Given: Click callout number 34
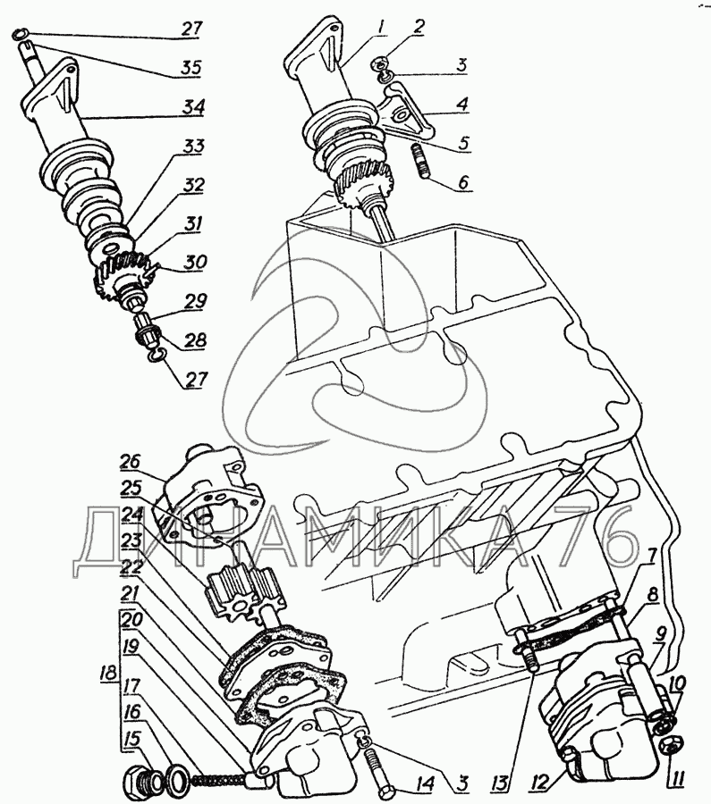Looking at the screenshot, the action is pyautogui.click(x=193, y=108).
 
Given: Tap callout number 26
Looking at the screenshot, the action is pyautogui.click(x=130, y=462).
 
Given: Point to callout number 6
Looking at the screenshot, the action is pyautogui.click(x=463, y=182).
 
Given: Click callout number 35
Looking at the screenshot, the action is pyautogui.click(x=190, y=68).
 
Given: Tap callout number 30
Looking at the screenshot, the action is pyautogui.click(x=195, y=262).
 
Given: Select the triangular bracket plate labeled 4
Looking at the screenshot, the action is pyautogui.click(x=404, y=113).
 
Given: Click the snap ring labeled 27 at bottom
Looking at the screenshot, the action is pyautogui.click(x=157, y=355).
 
